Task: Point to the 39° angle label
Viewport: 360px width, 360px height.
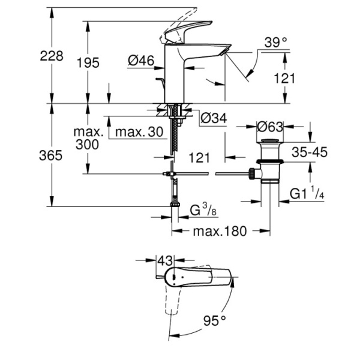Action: (x=277, y=42)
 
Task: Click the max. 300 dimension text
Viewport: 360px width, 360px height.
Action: (x=89, y=138)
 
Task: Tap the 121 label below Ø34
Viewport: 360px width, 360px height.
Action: (x=198, y=157)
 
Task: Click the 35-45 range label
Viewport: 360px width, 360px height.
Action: (x=308, y=152)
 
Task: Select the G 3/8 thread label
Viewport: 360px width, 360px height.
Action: (x=200, y=211)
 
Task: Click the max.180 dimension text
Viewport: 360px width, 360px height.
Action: (x=219, y=232)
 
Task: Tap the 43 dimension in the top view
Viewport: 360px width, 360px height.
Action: (x=165, y=261)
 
